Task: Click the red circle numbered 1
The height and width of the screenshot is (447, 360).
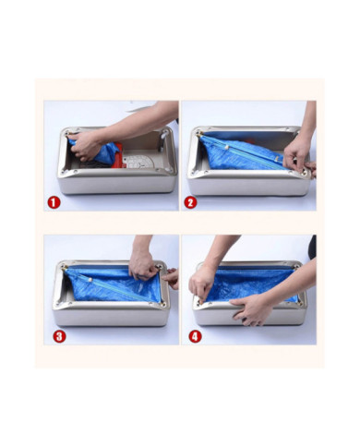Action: (54, 202)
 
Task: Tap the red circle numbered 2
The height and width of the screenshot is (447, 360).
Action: (191, 202)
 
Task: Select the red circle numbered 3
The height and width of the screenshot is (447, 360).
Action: (59, 336)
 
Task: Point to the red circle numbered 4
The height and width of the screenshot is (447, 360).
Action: (195, 336)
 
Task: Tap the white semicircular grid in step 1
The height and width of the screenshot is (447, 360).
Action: (138, 162)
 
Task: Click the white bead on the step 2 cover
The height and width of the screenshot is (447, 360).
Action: (227, 148)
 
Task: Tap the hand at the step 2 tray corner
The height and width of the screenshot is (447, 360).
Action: (297, 155)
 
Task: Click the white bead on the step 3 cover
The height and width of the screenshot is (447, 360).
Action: (90, 280)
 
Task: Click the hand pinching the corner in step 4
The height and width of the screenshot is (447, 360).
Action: (201, 284)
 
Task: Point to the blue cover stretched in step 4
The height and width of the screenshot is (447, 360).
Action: (251, 284)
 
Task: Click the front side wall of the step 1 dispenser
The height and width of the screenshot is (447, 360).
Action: (118, 185)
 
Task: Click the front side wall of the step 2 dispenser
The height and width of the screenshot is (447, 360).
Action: (248, 187)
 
